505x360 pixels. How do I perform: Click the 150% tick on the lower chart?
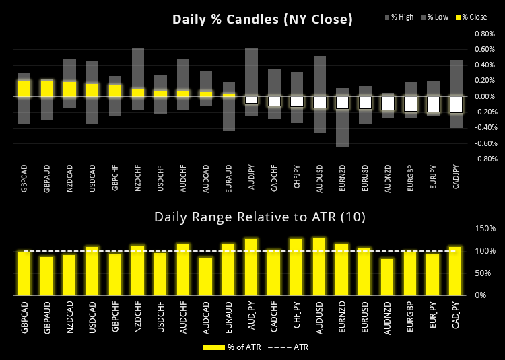[486, 229]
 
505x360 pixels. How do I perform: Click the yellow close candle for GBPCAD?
[24, 89]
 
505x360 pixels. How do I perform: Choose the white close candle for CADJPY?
[456, 104]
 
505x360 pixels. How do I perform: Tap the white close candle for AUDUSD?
[319, 102]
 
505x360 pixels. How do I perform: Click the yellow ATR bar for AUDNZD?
[388, 277]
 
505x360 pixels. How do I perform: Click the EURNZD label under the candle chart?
[343, 180]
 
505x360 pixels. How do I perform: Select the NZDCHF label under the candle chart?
[138, 181]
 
